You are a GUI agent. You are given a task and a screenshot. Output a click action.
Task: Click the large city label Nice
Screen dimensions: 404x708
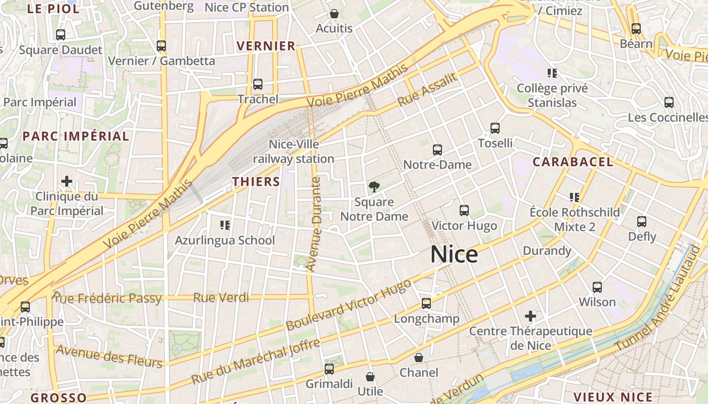tap(454, 255)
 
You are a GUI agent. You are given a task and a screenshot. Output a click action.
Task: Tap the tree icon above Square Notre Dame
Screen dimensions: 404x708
tap(374, 187)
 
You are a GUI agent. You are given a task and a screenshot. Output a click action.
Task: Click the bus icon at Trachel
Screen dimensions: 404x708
tap(258, 84)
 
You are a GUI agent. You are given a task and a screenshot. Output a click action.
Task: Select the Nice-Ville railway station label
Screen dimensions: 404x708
tap(294, 151)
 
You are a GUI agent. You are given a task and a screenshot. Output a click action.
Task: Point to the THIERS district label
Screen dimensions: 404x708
tap(256, 182)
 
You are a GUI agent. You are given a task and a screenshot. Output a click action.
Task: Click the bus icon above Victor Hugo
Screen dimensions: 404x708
tap(464, 211)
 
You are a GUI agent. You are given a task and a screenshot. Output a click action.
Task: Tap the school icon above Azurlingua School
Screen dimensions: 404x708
tap(225, 225)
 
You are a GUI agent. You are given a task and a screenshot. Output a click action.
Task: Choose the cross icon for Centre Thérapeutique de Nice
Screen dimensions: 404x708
tap(530, 317)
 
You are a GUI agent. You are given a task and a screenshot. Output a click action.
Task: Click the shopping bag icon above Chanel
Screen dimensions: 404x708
tap(419, 358)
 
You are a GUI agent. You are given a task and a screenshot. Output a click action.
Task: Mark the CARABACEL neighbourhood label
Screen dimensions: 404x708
tap(573, 162)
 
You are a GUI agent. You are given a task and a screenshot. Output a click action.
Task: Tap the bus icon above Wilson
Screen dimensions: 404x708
tap(597, 287)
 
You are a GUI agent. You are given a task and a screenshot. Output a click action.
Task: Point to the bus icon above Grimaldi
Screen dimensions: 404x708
tap(329, 369)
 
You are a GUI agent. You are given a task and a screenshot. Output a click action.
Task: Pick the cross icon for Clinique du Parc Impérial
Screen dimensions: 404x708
tap(66, 181)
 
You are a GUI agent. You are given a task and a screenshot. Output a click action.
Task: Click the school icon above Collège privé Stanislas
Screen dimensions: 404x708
tap(552, 73)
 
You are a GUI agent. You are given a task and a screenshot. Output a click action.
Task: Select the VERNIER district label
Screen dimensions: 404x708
tap(266, 46)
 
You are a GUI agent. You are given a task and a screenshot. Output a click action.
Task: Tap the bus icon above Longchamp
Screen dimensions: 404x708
tap(426, 304)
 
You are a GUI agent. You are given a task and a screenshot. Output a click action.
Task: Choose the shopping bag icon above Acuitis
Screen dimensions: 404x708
tap(334, 14)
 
